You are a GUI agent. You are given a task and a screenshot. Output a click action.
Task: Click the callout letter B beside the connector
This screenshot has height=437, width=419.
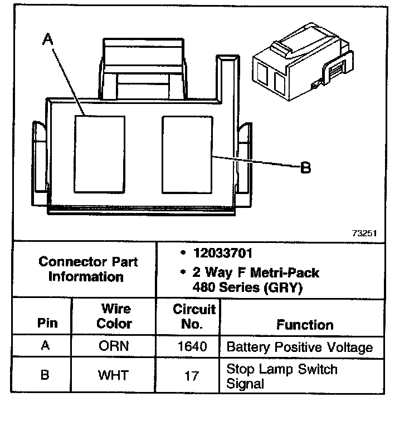[x=305, y=167]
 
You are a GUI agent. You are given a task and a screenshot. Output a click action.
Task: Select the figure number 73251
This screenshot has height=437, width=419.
[x=364, y=234]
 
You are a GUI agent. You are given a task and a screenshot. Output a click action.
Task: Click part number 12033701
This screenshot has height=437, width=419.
[x=223, y=254]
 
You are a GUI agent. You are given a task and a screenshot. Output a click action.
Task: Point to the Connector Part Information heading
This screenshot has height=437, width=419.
[x=88, y=269]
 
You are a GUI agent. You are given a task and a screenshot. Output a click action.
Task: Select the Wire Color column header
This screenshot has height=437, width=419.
[x=115, y=316]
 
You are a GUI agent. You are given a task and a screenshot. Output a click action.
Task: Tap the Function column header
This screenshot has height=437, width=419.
[x=305, y=325]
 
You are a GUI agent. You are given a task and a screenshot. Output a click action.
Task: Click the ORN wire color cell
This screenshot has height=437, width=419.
[x=114, y=346]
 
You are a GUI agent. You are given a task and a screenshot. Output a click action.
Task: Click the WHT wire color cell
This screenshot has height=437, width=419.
[x=114, y=375]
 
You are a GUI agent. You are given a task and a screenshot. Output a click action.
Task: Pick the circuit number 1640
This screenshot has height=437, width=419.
[x=192, y=347]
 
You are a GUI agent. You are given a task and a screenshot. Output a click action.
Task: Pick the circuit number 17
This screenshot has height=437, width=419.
[x=191, y=376]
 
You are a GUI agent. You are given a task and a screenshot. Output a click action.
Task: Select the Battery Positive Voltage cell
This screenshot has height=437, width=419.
[x=300, y=348]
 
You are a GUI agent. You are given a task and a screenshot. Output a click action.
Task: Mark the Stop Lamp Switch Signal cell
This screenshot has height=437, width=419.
[x=282, y=376]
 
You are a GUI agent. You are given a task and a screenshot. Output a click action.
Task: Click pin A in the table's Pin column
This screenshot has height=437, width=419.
[x=46, y=345]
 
